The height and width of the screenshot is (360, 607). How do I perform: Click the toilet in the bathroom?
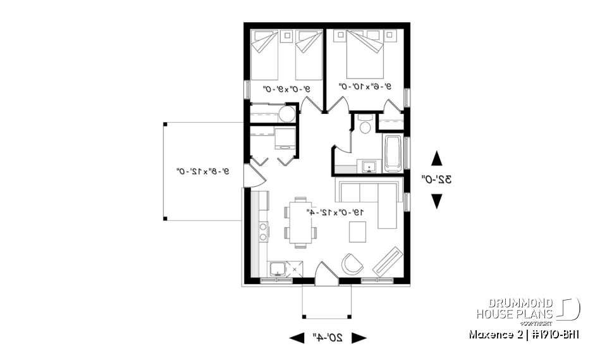click(x=364, y=127)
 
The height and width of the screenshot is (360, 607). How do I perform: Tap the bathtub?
click(x=392, y=153)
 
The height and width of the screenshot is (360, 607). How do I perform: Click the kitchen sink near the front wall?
click(x=277, y=270)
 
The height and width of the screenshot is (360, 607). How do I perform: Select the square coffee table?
click(x=358, y=233)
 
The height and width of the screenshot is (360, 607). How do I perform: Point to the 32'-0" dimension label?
click(x=437, y=180)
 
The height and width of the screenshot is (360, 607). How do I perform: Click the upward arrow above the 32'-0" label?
click(x=436, y=158)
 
